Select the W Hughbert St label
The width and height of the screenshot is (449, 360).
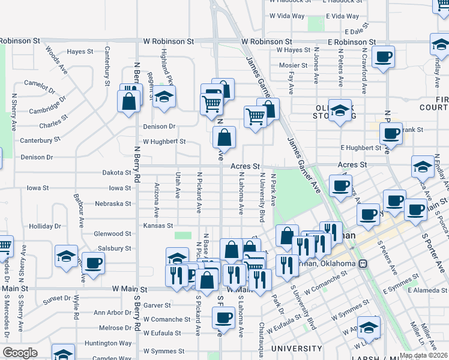coord(164,142)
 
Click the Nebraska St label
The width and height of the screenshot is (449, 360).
coord(113,204)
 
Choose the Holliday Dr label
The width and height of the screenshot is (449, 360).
coord(41,226)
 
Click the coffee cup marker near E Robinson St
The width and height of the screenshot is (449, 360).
coord(382,58)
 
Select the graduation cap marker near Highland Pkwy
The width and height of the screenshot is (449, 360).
coord(163,97)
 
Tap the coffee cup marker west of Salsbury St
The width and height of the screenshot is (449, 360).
coord(92,262)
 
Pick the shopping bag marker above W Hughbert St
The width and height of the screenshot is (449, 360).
coord(223,137)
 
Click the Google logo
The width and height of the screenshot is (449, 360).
coord(20,353)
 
